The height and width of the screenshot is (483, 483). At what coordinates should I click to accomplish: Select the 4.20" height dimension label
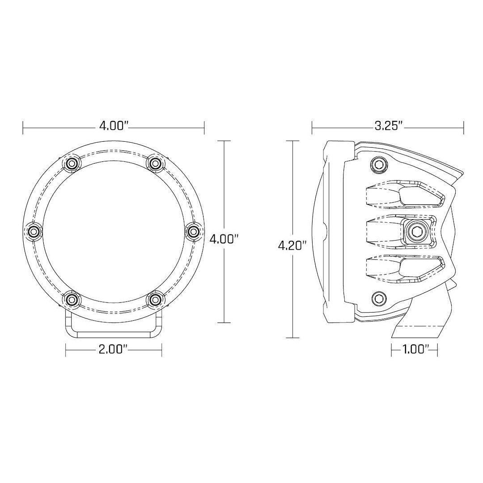[292, 246]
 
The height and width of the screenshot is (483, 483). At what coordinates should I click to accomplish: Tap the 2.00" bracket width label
[114, 349]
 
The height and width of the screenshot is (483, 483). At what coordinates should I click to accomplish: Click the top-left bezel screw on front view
[71, 164]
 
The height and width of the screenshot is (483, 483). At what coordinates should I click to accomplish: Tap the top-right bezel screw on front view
[155, 164]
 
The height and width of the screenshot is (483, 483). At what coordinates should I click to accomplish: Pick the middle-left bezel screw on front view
[34, 231]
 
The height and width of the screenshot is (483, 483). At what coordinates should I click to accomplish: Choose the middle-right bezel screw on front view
[193, 231]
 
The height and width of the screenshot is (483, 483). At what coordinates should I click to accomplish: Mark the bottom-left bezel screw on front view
[71, 298]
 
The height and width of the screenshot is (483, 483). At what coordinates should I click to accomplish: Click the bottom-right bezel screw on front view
[155, 298]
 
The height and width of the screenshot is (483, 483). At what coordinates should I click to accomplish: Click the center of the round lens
[113, 231]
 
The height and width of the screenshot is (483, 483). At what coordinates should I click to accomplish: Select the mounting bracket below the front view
[114, 324]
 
